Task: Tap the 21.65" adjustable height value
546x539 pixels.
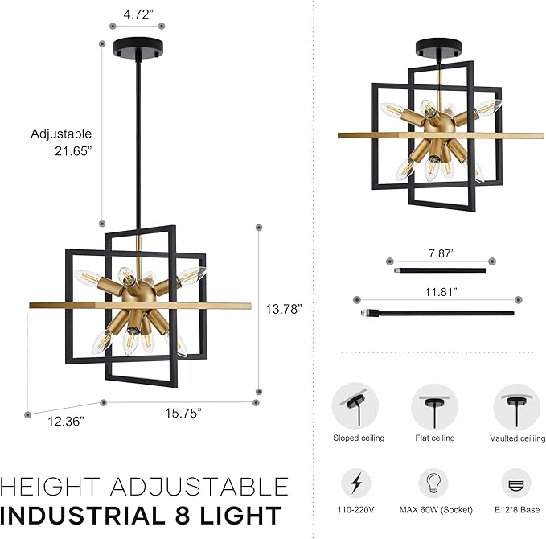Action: (x=77, y=151)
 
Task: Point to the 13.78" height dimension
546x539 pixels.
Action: (x=286, y=309)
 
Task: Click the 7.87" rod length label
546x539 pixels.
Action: (x=440, y=253)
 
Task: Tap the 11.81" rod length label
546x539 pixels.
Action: (x=440, y=291)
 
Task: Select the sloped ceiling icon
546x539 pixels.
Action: (x=355, y=407)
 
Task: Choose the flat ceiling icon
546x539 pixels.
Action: (x=434, y=407)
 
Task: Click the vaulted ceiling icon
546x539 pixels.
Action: (x=516, y=407)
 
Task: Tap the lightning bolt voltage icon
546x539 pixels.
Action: (x=355, y=483)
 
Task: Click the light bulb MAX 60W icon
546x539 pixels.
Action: (x=434, y=483)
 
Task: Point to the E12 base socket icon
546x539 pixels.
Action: (x=516, y=483)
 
